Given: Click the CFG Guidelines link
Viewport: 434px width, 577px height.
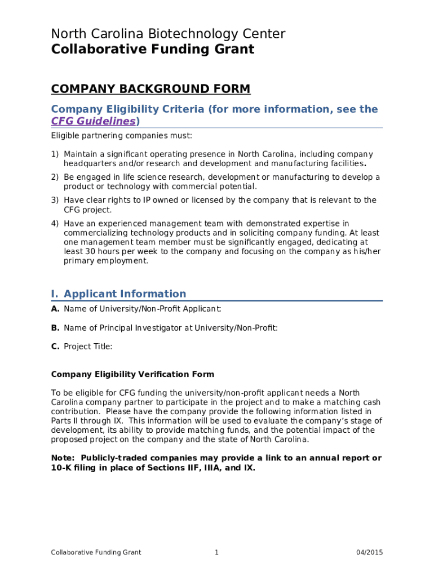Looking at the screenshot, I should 94,121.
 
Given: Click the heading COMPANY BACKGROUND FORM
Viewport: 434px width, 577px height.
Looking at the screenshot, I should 150,89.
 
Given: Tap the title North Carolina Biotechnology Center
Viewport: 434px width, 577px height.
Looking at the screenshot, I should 168,34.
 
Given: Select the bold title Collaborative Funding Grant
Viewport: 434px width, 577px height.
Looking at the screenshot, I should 153,50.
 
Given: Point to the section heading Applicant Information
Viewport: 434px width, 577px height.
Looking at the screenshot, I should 125,294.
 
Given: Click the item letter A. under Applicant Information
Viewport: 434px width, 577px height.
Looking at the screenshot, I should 55,309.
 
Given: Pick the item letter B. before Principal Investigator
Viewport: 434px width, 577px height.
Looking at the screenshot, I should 55,328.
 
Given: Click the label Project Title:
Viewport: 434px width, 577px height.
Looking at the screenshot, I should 88,347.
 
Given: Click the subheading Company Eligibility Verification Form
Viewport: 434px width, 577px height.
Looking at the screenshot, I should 132,374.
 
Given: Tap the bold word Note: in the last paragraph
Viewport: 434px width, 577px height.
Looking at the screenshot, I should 63,458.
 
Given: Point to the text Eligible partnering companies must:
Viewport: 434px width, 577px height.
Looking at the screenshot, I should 122,136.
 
